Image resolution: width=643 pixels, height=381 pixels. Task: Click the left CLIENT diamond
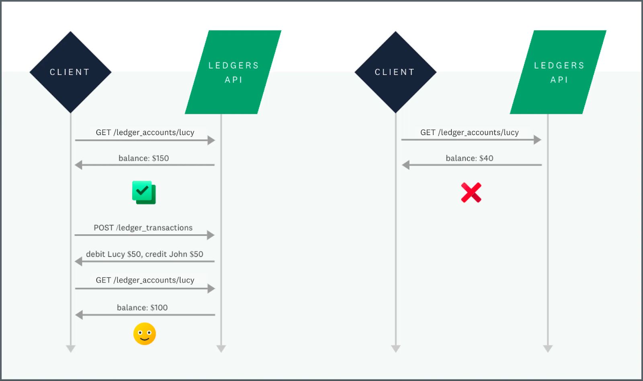pos(70,72)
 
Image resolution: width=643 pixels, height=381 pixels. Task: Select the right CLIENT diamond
pos(395,72)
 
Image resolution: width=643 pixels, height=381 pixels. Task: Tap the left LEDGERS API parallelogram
pos(233,72)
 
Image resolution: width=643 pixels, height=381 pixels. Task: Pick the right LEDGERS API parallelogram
pos(558,72)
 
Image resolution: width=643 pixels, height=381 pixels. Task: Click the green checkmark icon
pos(144,193)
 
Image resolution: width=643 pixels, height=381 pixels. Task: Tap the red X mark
pos(471,193)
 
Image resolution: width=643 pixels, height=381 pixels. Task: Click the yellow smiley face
pos(145,334)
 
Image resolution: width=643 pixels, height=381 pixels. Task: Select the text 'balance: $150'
pos(143,158)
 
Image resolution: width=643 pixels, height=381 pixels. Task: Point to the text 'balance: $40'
pos(469,158)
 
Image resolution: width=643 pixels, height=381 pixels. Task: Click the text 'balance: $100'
pos(142,307)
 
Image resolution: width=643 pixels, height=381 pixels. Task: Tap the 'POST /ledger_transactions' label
pos(143,227)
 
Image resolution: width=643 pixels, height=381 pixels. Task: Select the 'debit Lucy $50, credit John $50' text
pos(145,254)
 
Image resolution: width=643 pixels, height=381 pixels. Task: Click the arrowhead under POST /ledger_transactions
pos(211,235)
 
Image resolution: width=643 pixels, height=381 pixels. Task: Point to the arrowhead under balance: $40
pos(406,165)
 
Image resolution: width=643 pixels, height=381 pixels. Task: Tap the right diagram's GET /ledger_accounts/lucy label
pos(469,132)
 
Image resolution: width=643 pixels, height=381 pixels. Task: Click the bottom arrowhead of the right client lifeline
pos(396,348)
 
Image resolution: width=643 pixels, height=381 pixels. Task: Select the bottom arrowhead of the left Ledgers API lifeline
pos(221,348)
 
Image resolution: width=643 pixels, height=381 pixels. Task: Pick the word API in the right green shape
pos(559,80)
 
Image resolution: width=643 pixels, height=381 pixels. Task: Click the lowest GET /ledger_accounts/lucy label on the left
pos(145,280)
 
